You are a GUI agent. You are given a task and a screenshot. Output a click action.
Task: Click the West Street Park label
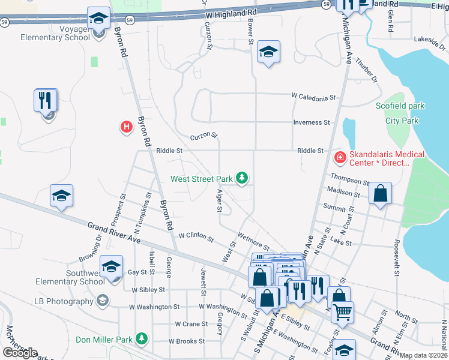pos(201,179)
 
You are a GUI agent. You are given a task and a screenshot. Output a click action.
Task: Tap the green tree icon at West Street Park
pos(242,178)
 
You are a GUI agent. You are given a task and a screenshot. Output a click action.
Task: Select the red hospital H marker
pos(126,127)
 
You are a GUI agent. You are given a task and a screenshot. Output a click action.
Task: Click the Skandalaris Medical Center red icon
pos(340,158)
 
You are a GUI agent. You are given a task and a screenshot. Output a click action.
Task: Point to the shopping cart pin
pos(342,311)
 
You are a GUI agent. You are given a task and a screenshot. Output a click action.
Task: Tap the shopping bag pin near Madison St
pos(380,194)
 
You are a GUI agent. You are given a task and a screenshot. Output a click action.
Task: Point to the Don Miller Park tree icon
pos(142,340)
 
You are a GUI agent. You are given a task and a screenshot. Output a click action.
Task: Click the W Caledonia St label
pos(312,97)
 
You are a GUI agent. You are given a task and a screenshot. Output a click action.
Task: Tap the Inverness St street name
pos(312,122)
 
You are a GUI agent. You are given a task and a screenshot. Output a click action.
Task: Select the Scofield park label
pos(400,106)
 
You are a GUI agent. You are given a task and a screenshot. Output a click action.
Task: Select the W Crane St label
pos(191,324)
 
